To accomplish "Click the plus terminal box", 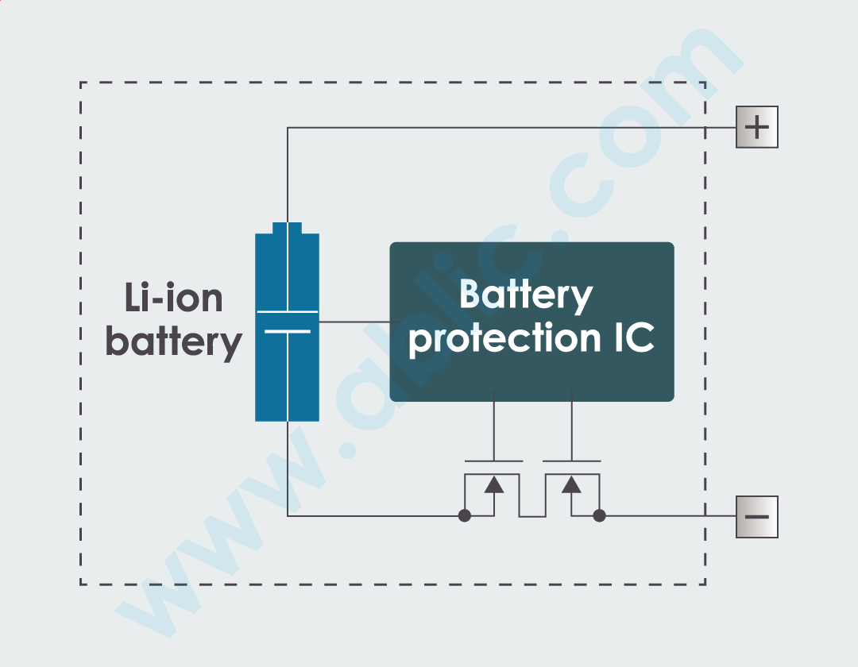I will [x=756, y=127].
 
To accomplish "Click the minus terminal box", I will [x=756, y=516].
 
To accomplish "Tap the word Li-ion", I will [x=173, y=298].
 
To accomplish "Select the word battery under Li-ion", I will [x=173, y=343].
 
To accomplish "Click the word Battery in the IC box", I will [x=526, y=295].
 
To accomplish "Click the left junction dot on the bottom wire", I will [x=465, y=516].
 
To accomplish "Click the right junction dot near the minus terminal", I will [x=600, y=516].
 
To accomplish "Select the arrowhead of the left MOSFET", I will [x=494, y=484].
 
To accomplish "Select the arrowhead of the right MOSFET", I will [x=571, y=484].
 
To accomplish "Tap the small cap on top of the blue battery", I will [x=287, y=228].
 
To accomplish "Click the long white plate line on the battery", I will [x=287, y=312].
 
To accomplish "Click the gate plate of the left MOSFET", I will [x=493, y=461].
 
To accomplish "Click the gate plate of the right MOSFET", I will [x=571, y=461].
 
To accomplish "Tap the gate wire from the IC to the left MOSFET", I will [x=493, y=425].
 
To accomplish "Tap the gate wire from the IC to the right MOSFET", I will [x=571, y=425].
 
